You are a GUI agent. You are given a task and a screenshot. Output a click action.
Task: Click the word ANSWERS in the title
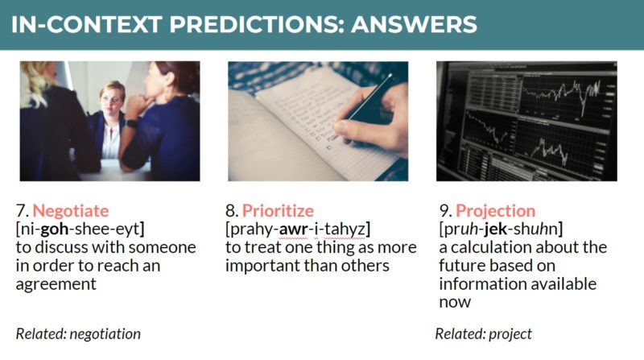click(x=414, y=24)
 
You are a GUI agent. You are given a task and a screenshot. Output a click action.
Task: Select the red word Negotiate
click(x=71, y=211)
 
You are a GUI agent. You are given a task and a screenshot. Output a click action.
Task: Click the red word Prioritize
click(x=278, y=211)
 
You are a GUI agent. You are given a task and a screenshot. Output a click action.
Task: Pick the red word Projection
click(x=495, y=211)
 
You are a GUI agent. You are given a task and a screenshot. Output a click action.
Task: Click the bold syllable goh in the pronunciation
click(x=54, y=230)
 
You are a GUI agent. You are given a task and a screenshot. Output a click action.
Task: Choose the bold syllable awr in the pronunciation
click(x=293, y=230)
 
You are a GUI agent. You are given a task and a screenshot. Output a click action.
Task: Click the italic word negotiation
click(x=105, y=333)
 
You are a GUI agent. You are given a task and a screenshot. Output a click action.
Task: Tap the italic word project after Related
click(x=510, y=334)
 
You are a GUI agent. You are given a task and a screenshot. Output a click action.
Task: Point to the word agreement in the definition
click(x=56, y=284)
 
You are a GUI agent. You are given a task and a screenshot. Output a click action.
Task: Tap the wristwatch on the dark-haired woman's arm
click(x=131, y=123)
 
